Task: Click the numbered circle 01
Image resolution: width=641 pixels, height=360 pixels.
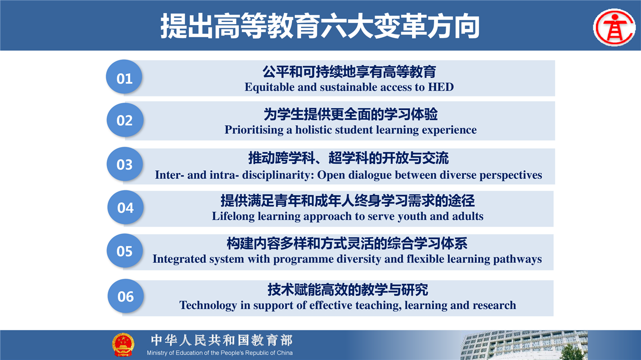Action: (x=124, y=77)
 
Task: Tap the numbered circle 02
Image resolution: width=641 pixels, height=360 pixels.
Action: (x=125, y=120)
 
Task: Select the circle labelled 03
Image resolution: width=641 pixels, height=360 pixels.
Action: (x=125, y=164)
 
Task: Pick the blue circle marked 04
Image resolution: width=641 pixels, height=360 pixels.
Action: (x=125, y=207)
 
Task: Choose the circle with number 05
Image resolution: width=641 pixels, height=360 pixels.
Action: (x=125, y=251)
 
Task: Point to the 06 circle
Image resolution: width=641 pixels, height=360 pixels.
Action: (x=125, y=296)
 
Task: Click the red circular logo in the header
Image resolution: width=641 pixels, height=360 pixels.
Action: (x=614, y=28)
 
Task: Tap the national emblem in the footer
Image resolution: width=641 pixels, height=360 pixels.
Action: (x=123, y=344)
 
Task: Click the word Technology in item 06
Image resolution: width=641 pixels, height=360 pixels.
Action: (x=208, y=305)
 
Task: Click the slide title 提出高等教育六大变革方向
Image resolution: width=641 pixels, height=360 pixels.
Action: (x=320, y=26)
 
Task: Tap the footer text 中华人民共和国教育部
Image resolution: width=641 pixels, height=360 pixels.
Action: (x=222, y=340)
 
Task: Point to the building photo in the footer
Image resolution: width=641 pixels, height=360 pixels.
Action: (x=524, y=345)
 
